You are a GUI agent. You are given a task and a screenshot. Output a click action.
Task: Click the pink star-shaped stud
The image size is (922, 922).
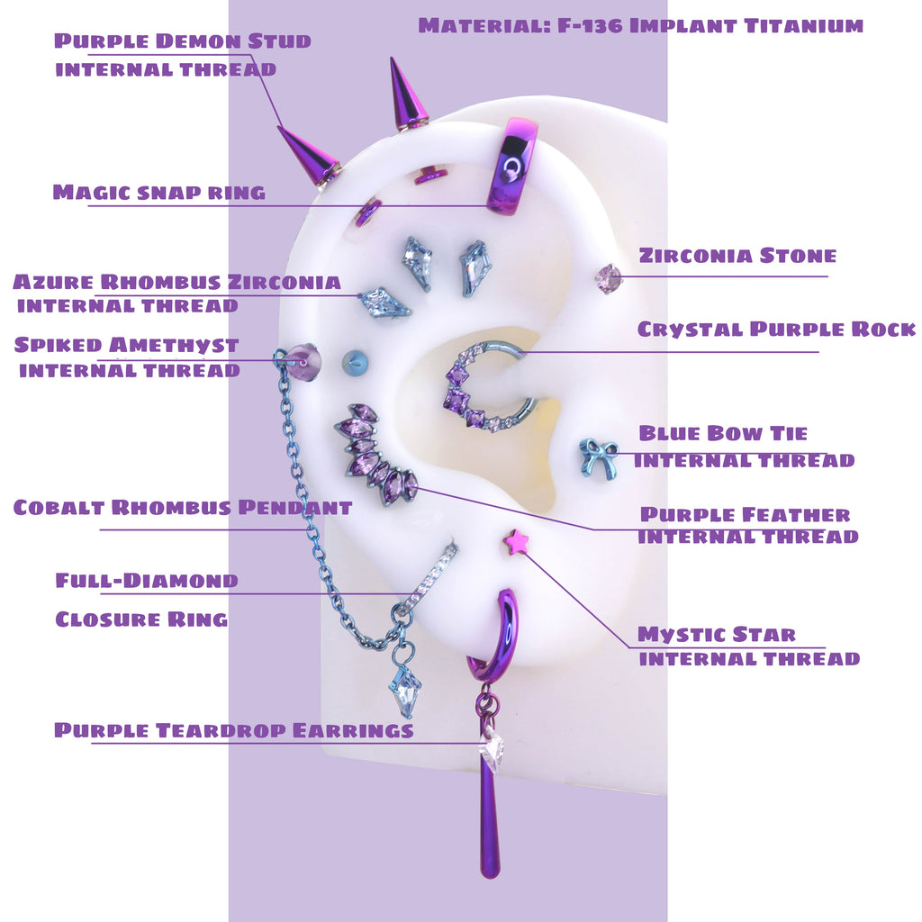pos(516,542)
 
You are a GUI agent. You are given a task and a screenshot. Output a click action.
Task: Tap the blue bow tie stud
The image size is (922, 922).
pos(598,457)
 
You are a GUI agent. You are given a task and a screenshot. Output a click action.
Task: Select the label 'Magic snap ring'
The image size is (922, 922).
pos(158,192)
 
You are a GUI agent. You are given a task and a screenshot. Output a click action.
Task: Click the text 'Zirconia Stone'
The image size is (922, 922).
pos(737,256)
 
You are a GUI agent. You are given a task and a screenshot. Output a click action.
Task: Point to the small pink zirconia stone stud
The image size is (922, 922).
pos(610,278)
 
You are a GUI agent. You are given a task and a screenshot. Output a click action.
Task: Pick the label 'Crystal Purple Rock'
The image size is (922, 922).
pos(776,330)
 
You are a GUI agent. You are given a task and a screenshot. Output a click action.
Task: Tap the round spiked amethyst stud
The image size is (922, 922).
pos(304,362)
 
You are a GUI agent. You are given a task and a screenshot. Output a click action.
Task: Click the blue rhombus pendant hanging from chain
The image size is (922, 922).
pos(404,690)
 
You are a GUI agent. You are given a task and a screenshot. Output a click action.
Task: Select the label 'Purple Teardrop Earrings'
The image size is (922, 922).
pos(234,730)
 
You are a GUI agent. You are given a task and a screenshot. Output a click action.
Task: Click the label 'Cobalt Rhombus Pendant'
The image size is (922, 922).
pos(183,508)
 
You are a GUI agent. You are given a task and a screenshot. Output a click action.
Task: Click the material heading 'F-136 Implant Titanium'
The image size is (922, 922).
pos(640,25)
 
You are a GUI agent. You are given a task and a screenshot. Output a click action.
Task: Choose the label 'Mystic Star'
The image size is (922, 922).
pos(717,635)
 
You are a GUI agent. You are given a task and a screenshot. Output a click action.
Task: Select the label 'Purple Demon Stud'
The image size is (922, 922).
pos(183,41)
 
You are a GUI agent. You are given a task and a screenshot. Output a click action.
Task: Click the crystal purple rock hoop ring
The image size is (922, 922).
pos(486,387)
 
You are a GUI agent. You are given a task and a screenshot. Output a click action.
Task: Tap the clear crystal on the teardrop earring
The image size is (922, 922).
pos(492,751)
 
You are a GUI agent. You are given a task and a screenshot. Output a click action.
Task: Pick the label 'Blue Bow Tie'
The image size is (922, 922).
pos(723,434)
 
